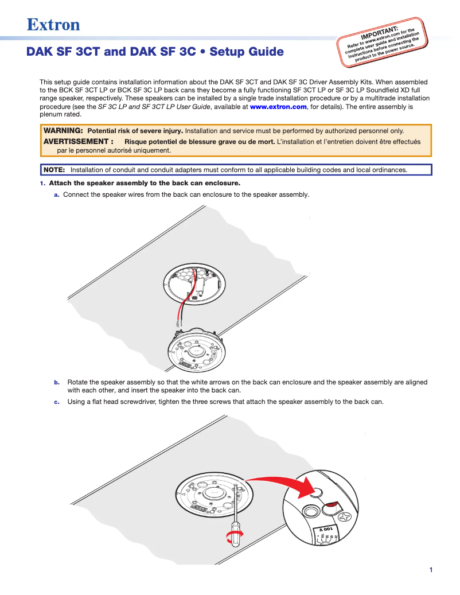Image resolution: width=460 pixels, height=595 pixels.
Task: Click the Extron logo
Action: (53, 25)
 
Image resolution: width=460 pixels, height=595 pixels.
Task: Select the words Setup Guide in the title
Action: (247, 52)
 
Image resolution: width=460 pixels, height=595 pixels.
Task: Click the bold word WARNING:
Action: (64, 131)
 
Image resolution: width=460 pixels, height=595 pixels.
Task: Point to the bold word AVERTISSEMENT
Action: (76, 141)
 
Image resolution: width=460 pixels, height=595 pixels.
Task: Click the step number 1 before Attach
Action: (42, 184)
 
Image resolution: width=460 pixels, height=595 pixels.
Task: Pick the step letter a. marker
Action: (57, 195)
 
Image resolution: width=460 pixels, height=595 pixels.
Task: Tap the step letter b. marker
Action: (57, 382)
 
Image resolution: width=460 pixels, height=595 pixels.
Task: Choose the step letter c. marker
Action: (57, 402)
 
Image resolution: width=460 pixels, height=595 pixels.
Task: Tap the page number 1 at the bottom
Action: (430, 570)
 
